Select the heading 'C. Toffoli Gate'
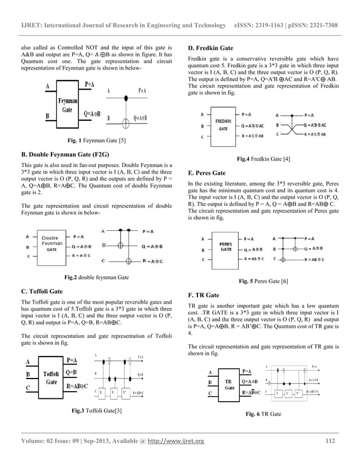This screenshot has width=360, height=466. click(x=46, y=292)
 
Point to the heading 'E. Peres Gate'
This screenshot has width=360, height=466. click(x=207, y=172)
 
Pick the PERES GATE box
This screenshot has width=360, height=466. click(x=225, y=246)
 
